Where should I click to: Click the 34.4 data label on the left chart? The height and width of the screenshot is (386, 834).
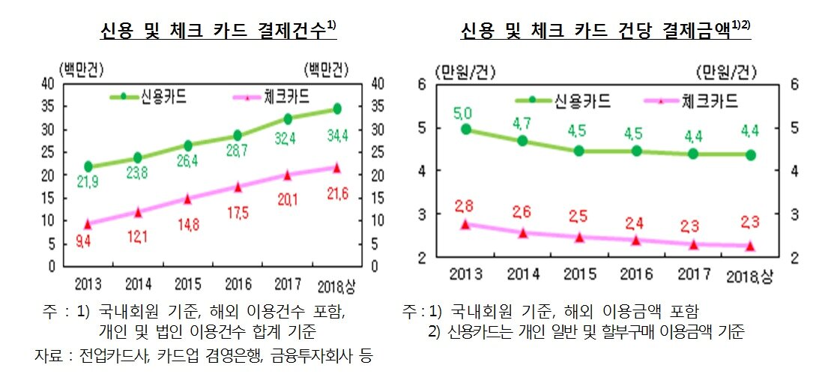pyautogui.click(x=336, y=136)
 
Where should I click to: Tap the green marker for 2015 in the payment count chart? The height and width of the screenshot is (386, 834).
pyautogui.click(x=187, y=145)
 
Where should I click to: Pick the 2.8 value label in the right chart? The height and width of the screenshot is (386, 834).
pyautogui.click(x=465, y=206)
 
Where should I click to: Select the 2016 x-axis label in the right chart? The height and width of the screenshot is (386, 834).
pyautogui.click(x=637, y=275)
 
